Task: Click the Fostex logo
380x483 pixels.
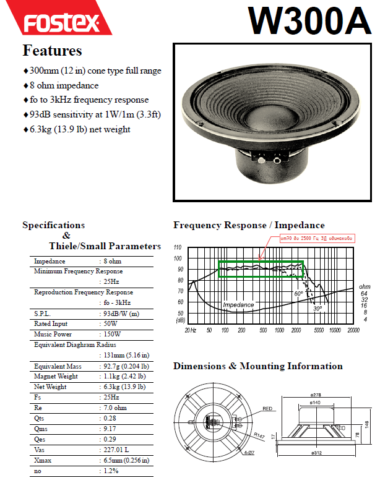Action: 62,23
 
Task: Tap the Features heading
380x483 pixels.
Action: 52,50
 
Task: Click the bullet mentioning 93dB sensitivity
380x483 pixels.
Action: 90,114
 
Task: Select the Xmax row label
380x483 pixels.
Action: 44,461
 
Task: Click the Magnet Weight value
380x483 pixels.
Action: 124,376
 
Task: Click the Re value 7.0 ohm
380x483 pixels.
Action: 114,408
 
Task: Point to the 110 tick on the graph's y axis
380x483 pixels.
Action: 178,247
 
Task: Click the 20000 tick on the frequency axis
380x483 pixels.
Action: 353,330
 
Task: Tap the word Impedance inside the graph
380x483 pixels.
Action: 238,305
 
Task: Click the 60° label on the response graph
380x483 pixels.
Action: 298,294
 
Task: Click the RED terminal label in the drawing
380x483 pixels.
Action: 267,409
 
